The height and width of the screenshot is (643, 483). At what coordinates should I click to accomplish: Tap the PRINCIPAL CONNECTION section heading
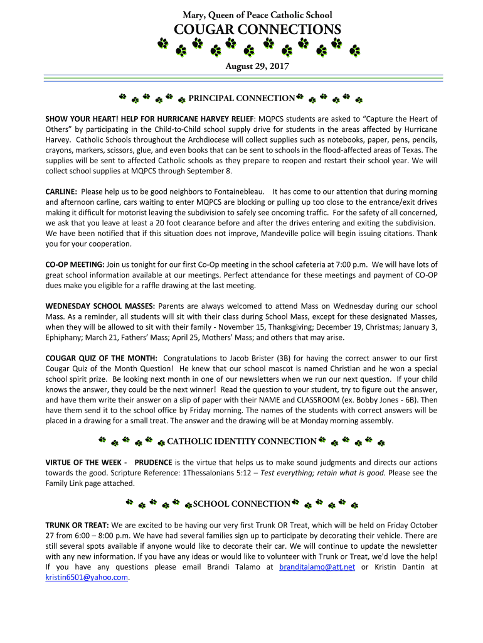(242, 98)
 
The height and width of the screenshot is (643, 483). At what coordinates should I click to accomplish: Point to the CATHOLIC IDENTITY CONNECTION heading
(242, 441)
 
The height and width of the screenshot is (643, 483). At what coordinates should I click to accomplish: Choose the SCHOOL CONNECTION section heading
(242, 504)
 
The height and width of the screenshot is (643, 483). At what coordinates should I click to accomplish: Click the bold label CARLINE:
(61, 191)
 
